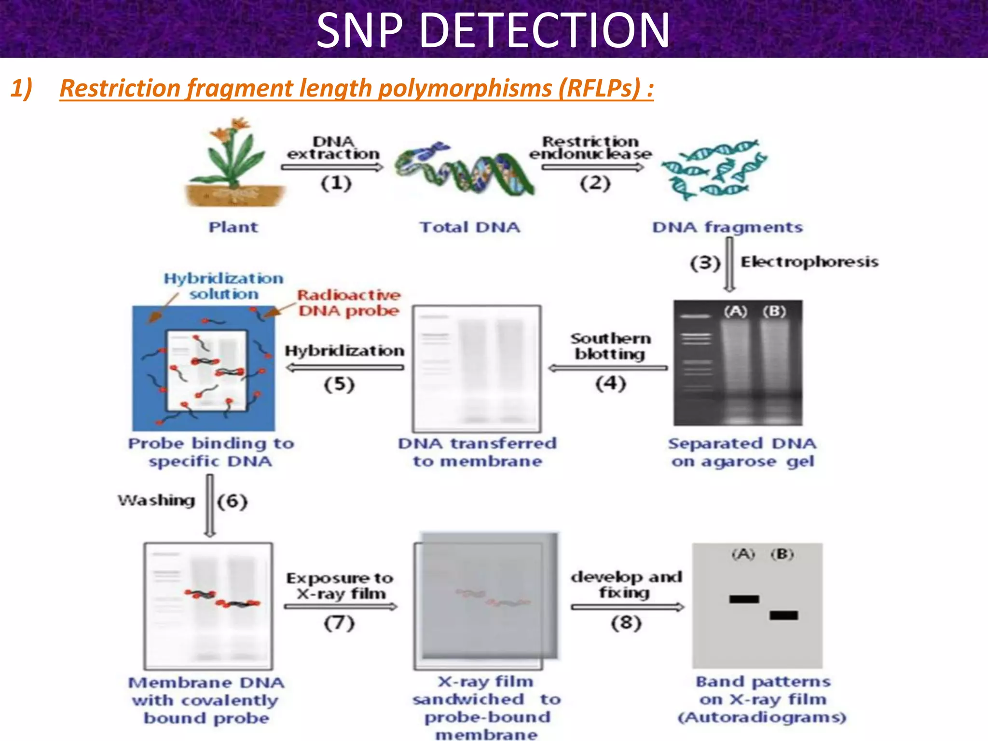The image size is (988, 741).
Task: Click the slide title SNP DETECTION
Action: click(493, 30)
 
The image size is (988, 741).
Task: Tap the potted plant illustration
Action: click(234, 164)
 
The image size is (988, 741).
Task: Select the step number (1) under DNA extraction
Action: click(336, 183)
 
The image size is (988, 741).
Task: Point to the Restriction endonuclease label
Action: click(590, 148)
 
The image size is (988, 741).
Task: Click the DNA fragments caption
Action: click(727, 227)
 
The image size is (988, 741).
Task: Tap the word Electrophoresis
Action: click(810, 262)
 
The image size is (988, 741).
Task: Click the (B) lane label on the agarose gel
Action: click(774, 312)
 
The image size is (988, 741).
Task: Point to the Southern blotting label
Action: click(610, 346)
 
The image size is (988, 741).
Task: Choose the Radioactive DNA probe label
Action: click(349, 302)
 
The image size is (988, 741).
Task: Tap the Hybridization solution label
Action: click(223, 286)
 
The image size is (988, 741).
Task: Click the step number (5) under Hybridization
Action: click(339, 384)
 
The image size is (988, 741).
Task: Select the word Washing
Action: click(157, 500)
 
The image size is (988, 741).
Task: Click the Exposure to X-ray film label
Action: click(340, 585)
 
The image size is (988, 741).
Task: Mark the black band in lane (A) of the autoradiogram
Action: click(744, 599)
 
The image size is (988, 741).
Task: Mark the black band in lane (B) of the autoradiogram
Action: click(783, 615)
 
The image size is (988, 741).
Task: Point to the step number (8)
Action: click(626, 623)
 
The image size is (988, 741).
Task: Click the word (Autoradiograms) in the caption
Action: click(762, 717)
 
